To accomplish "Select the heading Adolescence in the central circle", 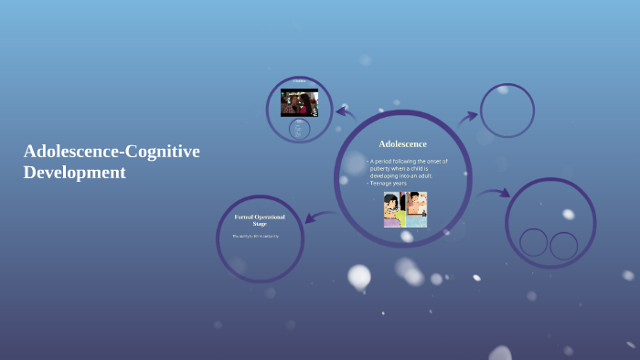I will pos(402,143).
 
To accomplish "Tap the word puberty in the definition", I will pos(386,168).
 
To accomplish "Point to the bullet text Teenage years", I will pos(389,183).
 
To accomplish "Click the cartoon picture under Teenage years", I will pos(405,209).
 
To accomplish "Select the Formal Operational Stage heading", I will pos(260,219).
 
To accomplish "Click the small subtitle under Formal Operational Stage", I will pos(255,237).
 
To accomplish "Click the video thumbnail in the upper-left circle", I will pos(299,101).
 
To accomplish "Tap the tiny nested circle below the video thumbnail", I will pos(299,129).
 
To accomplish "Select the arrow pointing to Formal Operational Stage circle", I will pos(317,217).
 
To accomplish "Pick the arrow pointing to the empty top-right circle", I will pos(467,116).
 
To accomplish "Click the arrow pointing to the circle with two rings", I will pos(494,194).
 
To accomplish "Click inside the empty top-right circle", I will pos(507,111).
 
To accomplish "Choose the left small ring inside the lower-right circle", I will pos(533,242).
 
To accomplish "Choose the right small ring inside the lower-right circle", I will pos(563,245).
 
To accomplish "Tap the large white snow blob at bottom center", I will pos(359,275).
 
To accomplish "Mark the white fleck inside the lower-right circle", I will pos(568,215).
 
